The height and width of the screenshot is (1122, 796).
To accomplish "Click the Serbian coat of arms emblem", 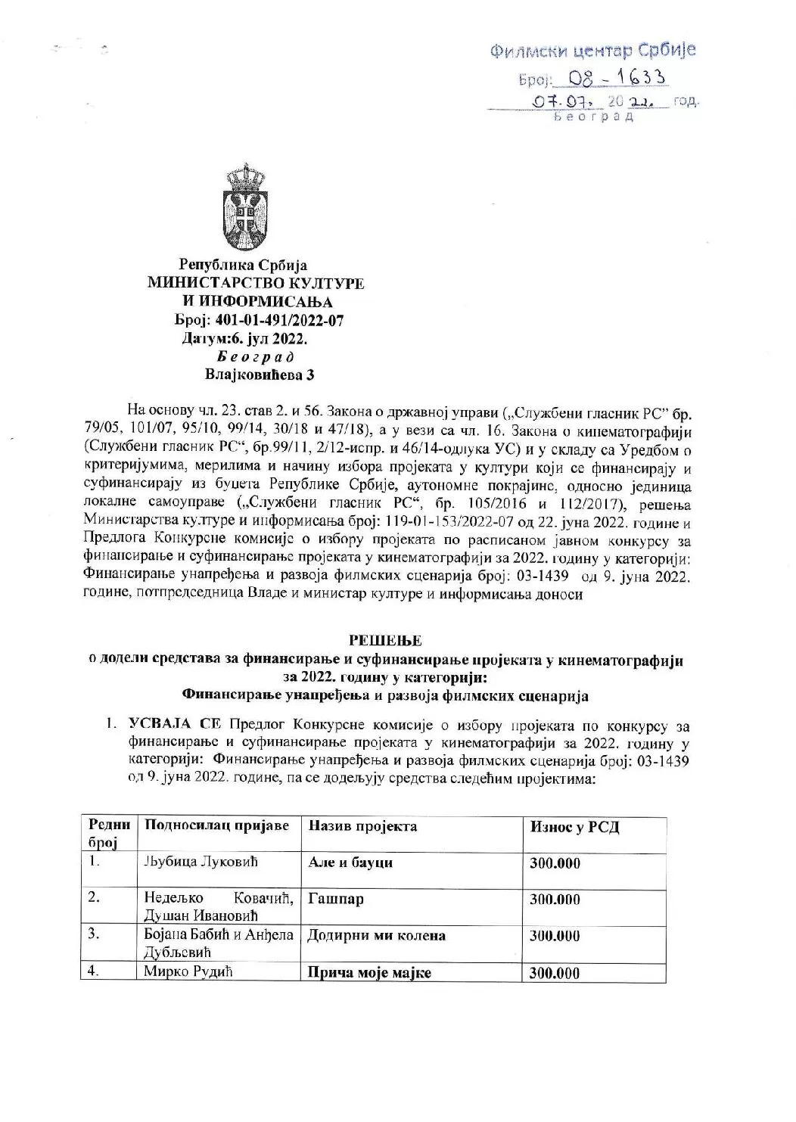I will (245, 204).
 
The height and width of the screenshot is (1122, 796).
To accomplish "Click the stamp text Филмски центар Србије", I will (593, 51).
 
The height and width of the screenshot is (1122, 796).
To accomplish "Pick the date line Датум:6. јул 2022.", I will (245, 338).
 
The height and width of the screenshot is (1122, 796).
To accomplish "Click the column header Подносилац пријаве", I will (216, 825).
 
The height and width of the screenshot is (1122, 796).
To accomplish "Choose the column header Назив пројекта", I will (362, 825).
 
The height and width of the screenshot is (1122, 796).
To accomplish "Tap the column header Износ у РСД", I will (574, 827).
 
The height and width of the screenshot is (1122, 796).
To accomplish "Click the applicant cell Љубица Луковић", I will (192, 862).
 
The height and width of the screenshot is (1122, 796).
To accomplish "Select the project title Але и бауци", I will (350, 862).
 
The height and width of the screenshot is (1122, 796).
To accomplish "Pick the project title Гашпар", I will (336, 900).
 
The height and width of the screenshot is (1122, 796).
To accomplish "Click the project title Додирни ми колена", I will (377, 936).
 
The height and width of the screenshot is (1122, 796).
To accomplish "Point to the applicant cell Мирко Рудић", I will (188, 971).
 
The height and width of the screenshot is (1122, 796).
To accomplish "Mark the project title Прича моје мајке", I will (369, 973).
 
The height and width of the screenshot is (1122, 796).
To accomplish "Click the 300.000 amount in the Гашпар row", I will (555, 900).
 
